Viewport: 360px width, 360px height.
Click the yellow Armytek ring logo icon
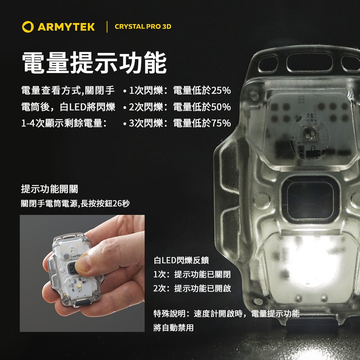(x=28, y=27)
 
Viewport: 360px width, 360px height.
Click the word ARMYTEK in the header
(x=66, y=27)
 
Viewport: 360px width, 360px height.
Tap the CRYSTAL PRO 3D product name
(x=143, y=26)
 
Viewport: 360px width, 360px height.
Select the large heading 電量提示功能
(x=94, y=63)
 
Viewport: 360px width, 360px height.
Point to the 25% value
(x=221, y=90)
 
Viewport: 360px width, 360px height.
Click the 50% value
(x=221, y=107)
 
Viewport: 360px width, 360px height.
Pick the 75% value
(x=221, y=123)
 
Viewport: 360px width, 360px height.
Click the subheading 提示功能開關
(x=50, y=189)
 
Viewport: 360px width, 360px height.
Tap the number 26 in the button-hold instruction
(x=117, y=203)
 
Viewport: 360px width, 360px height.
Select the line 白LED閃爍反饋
(x=181, y=260)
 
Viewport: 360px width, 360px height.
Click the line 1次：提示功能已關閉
(x=192, y=274)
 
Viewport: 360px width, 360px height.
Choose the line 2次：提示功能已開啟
(x=192, y=288)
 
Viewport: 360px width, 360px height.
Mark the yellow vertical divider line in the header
(x=107, y=27)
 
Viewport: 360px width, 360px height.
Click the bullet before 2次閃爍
(x=125, y=107)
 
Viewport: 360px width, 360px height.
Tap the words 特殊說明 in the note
(x=170, y=314)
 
